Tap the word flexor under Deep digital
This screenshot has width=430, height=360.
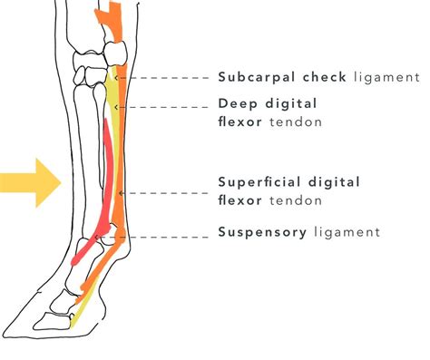240,121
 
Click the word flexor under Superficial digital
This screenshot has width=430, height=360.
240,199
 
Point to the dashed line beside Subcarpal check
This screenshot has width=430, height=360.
168,78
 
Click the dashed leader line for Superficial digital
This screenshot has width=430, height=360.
168,193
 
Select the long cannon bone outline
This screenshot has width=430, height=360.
90,154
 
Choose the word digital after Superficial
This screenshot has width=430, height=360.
336,182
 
